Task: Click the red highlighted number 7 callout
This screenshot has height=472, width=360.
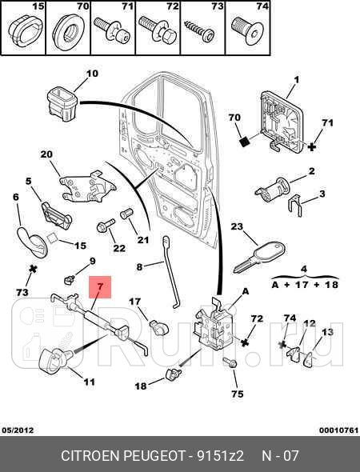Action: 100,287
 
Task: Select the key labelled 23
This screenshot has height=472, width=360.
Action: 259,258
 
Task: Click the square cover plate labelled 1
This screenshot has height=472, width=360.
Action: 281,123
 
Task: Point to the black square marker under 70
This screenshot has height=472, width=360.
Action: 246,141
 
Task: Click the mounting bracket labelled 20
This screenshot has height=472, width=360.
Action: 87,186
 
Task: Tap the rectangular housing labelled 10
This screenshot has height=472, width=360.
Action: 62,104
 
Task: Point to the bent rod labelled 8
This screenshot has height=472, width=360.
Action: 170,273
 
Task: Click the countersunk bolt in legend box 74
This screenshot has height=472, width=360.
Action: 248,31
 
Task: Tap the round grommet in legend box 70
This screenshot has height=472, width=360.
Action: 68,33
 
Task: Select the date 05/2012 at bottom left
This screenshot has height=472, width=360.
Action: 17,430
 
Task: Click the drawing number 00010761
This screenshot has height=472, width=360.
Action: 339,430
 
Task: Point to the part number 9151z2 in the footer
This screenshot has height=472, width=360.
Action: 220,456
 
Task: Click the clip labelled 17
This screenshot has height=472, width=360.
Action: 159,328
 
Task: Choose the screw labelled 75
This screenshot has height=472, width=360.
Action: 230,362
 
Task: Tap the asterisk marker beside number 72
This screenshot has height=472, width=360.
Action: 245,342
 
